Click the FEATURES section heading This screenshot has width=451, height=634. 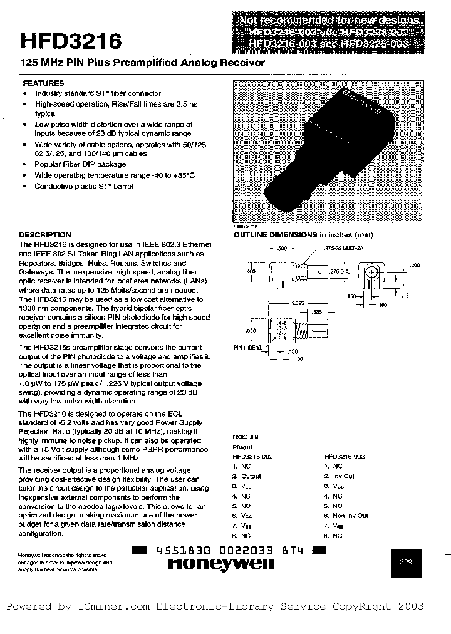click(x=43, y=83)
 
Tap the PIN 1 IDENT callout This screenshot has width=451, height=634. click(x=248, y=346)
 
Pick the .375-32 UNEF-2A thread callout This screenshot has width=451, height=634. click(x=344, y=248)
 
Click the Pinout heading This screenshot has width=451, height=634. click(x=243, y=447)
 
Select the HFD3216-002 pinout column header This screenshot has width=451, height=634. click(x=252, y=457)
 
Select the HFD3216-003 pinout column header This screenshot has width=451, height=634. click(x=344, y=457)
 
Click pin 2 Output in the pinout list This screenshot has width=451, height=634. click(x=247, y=476)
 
